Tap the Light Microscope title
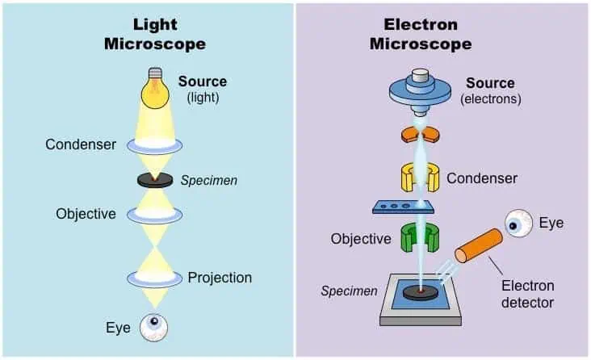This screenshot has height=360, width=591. click(x=155, y=34)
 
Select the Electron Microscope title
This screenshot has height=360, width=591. click(x=421, y=34)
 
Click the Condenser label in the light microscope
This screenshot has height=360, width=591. click(x=81, y=144)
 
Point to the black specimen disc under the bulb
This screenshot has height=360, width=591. click(x=155, y=180)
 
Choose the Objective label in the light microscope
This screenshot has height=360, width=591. click(x=86, y=214)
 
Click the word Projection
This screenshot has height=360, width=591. click(x=220, y=278)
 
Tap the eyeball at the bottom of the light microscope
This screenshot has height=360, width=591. click(x=153, y=328)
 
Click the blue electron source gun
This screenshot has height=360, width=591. click(x=420, y=91)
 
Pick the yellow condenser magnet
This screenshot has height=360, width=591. click(x=420, y=177)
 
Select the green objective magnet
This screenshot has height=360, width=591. click(x=420, y=237)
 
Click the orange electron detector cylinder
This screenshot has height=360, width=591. click(x=479, y=245)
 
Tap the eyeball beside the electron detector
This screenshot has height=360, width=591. click(x=518, y=224)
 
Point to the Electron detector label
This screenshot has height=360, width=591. click(x=528, y=294)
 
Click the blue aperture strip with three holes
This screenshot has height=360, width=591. click(x=404, y=207)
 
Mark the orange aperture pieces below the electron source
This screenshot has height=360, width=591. click(x=420, y=135)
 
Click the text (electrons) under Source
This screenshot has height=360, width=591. click(x=490, y=98)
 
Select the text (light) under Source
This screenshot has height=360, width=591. click(x=203, y=98)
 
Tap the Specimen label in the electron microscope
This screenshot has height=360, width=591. click(x=349, y=291)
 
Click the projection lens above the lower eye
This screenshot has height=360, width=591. click(x=154, y=278)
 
